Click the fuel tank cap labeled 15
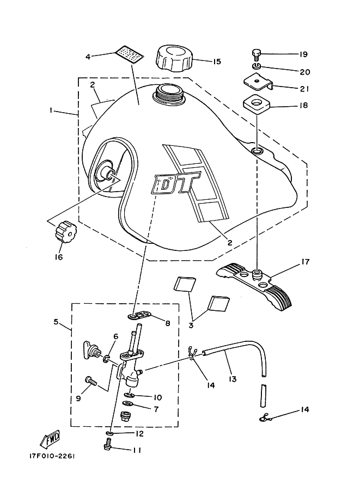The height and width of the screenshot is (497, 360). point(173,58)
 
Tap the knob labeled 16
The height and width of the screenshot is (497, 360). point(65,234)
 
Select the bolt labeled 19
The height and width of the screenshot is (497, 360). point(257,54)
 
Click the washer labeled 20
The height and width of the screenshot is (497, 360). point(257,66)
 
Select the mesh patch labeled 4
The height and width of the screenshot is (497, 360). point(131,54)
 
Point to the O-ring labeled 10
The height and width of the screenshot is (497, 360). point(129,396)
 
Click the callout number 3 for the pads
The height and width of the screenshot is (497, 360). point(192,326)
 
